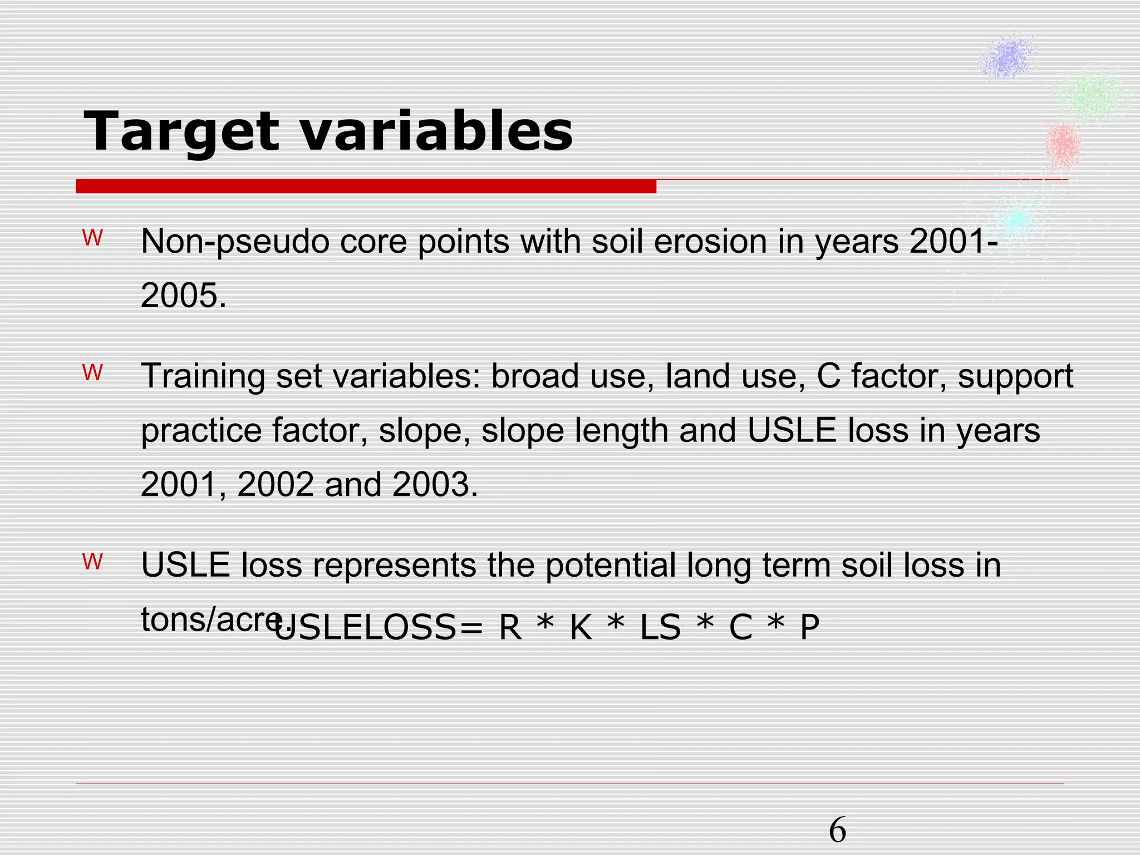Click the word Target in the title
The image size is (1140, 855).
181,131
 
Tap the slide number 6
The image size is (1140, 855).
837,830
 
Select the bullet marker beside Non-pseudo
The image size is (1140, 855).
93,239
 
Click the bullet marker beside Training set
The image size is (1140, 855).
93,373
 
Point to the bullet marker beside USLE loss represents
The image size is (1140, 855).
93,562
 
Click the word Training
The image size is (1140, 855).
203,376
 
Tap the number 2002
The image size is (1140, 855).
276,484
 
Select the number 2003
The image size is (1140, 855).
431,484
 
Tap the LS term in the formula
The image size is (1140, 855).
660,628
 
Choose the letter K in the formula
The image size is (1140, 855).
581,628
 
